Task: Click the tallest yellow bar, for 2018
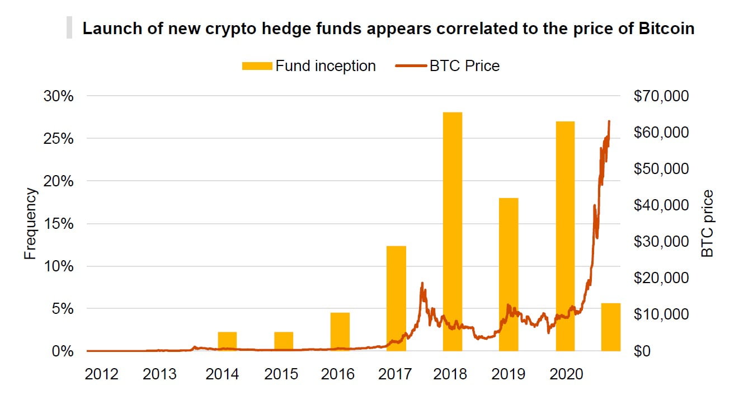point(452,232)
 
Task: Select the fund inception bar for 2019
point(509,274)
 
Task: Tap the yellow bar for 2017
point(396,298)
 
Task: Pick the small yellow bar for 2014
point(227,341)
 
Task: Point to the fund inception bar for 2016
point(340,332)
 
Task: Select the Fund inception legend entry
point(309,66)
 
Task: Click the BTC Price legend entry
point(448,66)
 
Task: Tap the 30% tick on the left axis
point(59,96)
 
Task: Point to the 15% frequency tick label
point(59,224)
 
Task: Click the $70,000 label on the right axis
point(661,96)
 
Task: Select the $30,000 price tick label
point(661,242)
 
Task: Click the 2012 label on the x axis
point(101,374)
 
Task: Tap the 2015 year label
point(281,374)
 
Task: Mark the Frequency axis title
point(30,224)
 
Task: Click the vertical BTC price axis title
point(708,224)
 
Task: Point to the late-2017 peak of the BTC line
point(422,283)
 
